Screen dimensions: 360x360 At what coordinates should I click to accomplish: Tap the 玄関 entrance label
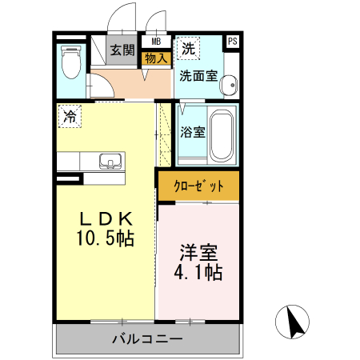pos(122,50)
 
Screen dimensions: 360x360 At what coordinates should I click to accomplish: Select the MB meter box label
pos(155,42)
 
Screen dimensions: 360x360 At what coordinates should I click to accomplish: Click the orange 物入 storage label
pos(155,58)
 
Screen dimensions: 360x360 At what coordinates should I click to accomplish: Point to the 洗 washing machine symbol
pos(187,48)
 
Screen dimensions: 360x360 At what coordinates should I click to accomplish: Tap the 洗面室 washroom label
pos(198,77)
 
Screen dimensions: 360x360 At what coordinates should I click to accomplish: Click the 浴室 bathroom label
pos(192,131)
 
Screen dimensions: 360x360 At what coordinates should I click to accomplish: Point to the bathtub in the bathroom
pos(222,134)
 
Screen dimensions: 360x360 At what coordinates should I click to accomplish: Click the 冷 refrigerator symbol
pos(70,116)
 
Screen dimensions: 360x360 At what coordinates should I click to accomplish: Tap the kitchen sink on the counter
pos(110,161)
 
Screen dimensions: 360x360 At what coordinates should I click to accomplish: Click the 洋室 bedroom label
pos(198,253)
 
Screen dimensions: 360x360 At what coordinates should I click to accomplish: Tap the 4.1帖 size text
pos(198,272)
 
